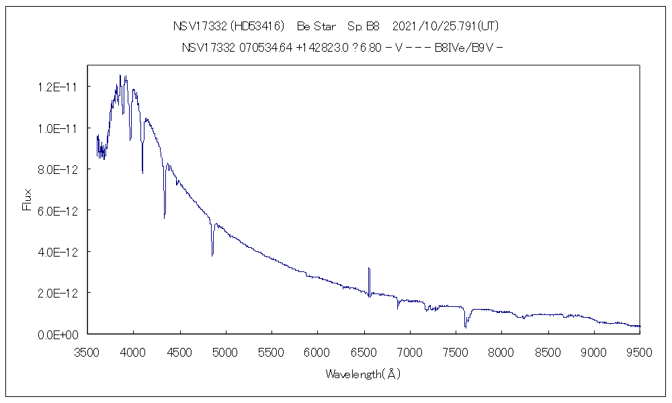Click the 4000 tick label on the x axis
click(x=133, y=351)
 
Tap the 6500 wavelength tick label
click(x=364, y=351)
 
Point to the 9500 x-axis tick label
click(x=640, y=351)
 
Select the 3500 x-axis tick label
click(x=87, y=351)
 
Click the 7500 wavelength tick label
click(x=456, y=351)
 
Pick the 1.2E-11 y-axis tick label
click(x=59, y=87)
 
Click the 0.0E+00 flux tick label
click(x=59, y=334)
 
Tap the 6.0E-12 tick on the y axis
click(x=59, y=211)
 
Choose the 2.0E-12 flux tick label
click(x=59, y=294)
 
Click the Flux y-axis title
click(x=27, y=199)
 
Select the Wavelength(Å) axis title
click(x=363, y=374)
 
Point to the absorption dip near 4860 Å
click(x=212, y=253)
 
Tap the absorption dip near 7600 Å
click(x=465, y=325)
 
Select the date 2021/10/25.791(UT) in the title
click(x=444, y=27)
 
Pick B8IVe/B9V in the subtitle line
click(x=465, y=48)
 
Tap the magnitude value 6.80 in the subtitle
click(x=370, y=48)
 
